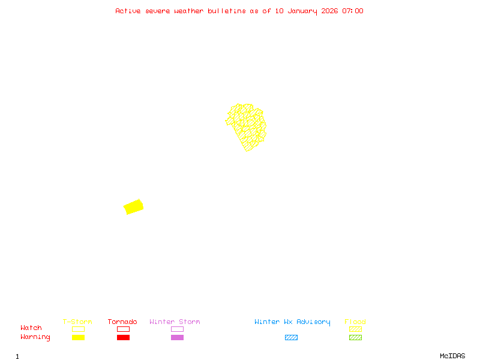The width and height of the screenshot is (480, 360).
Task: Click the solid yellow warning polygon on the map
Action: (133, 207)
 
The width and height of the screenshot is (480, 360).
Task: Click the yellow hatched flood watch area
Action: (247, 127)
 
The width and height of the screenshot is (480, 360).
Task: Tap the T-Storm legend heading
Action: (77, 322)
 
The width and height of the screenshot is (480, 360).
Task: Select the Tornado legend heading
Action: (122, 322)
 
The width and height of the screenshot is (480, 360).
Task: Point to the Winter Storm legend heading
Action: (175, 322)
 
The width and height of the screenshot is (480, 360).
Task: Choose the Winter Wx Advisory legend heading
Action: (292, 322)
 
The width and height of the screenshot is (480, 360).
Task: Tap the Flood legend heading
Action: (355, 322)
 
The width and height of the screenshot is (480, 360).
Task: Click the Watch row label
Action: (31, 328)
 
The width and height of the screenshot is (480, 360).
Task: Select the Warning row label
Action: (35, 337)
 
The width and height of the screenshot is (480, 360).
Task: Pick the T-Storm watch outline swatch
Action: (78, 329)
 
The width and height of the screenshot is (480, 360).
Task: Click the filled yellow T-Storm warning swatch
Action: (78, 337)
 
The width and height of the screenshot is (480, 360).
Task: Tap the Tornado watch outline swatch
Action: (123, 329)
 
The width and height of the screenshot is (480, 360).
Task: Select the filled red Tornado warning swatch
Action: (123, 337)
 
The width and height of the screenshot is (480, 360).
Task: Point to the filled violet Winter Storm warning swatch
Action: (177, 337)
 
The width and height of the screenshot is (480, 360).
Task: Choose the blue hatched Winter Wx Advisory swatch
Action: (291, 337)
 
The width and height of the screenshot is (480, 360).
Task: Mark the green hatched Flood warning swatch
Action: (355, 337)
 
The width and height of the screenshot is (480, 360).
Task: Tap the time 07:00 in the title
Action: (353, 11)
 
